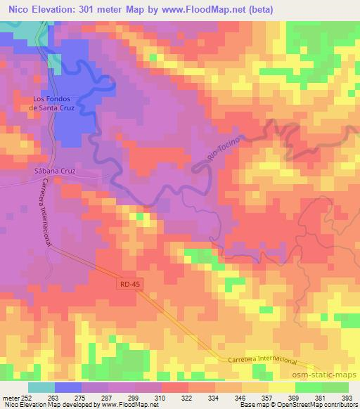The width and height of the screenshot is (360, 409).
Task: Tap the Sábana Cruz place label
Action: [53, 170]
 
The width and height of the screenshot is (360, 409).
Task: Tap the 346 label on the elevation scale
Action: [241, 397]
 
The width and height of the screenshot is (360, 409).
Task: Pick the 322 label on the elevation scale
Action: [188, 397]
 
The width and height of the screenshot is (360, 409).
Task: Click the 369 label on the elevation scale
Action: [295, 397]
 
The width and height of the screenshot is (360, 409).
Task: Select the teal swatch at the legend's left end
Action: [41, 387]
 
